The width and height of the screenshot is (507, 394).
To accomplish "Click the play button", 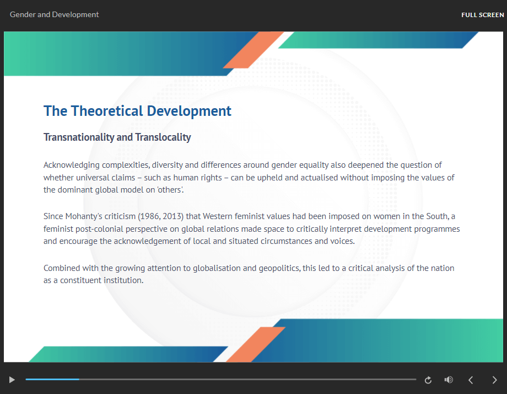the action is point(12,380).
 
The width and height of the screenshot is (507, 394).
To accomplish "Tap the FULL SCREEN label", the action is point(482,15).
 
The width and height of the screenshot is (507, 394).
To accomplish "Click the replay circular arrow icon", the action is point(428,380).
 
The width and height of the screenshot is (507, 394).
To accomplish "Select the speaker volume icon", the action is point(449,380).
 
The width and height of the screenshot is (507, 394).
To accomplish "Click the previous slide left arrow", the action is point(471,380).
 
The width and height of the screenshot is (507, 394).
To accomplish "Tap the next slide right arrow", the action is point(494,380).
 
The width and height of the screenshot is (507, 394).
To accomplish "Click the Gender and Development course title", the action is point(55,14).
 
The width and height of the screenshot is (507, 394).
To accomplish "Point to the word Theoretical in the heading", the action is point(107,111).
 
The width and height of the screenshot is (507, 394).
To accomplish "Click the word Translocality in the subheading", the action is point(163,137).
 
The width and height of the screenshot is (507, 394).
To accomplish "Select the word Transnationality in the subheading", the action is point(79,137).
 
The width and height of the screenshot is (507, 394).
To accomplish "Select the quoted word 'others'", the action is point(170,190).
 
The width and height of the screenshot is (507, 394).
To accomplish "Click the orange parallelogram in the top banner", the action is point(253,50).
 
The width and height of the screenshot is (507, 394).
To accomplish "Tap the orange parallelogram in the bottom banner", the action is point(256,344).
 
